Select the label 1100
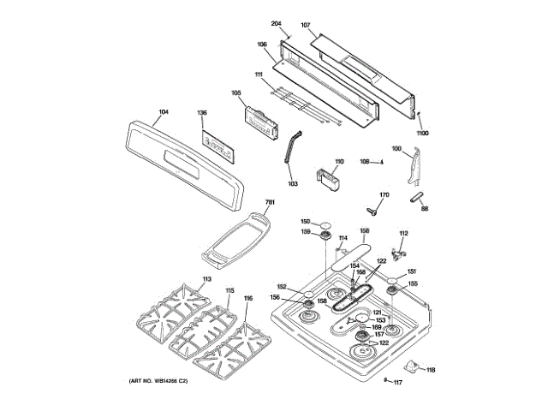point(422,134)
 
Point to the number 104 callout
point(164,112)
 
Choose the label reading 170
point(384,195)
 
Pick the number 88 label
point(425,208)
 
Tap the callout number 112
point(403,233)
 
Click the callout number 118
point(431,370)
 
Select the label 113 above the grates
point(205,280)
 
